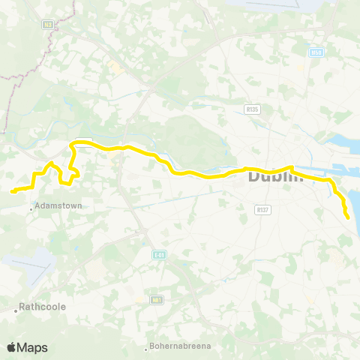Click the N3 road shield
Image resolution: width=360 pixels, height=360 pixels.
[x=49, y=24]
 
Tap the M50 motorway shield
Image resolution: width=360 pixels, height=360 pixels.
[x=316, y=52]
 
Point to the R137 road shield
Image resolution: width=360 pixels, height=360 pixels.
[x=262, y=209]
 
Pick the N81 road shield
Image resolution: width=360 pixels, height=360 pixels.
[x=157, y=299]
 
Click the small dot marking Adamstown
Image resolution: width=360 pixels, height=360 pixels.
[x=31, y=209]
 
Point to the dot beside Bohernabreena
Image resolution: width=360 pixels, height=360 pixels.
[x=147, y=348]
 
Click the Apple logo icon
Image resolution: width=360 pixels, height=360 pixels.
[x=11, y=347]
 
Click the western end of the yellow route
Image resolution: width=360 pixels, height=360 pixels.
[x=13, y=191]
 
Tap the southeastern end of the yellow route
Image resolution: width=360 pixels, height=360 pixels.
[x=349, y=217]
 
